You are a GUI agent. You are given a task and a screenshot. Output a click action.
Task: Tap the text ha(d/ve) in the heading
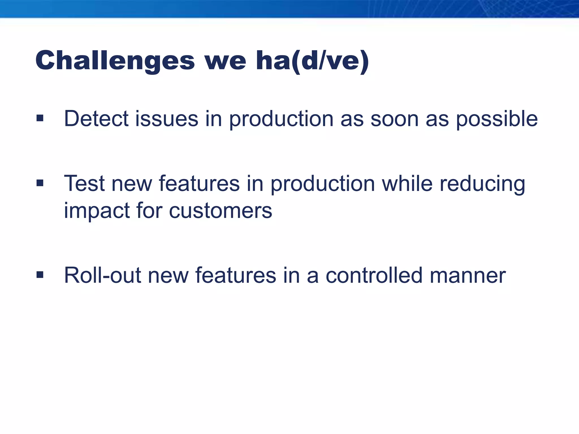312,61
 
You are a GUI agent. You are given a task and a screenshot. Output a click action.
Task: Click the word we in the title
225,61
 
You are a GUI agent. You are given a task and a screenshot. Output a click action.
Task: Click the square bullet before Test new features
40,183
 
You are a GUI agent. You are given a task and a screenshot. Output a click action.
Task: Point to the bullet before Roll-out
40,275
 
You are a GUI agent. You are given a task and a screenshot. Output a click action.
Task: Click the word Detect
96,119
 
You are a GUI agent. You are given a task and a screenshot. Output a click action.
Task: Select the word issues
167,119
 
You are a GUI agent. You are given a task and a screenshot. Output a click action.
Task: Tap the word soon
394,119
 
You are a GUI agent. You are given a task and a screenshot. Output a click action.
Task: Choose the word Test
85,184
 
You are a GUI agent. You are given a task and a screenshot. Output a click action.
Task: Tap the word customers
221,211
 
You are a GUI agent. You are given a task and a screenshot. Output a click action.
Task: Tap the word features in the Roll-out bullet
236,275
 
